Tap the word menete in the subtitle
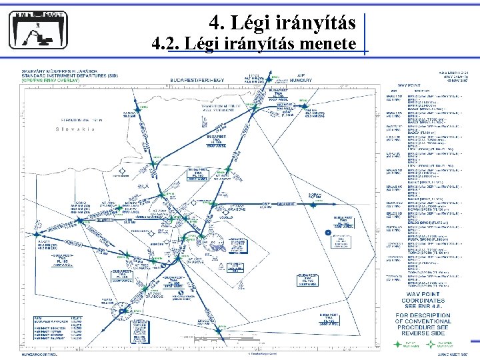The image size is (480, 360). pyautogui.click(x=329, y=44)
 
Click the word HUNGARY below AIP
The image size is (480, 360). pyautogui.click(x=301, y=80)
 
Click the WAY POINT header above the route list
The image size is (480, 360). pyautogui.click(x=413, y=85)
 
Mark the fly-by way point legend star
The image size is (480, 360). pyautogui.click(x=398, y=345)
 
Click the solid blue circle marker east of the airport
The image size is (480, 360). pyautogui.click(x=327, y=232)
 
